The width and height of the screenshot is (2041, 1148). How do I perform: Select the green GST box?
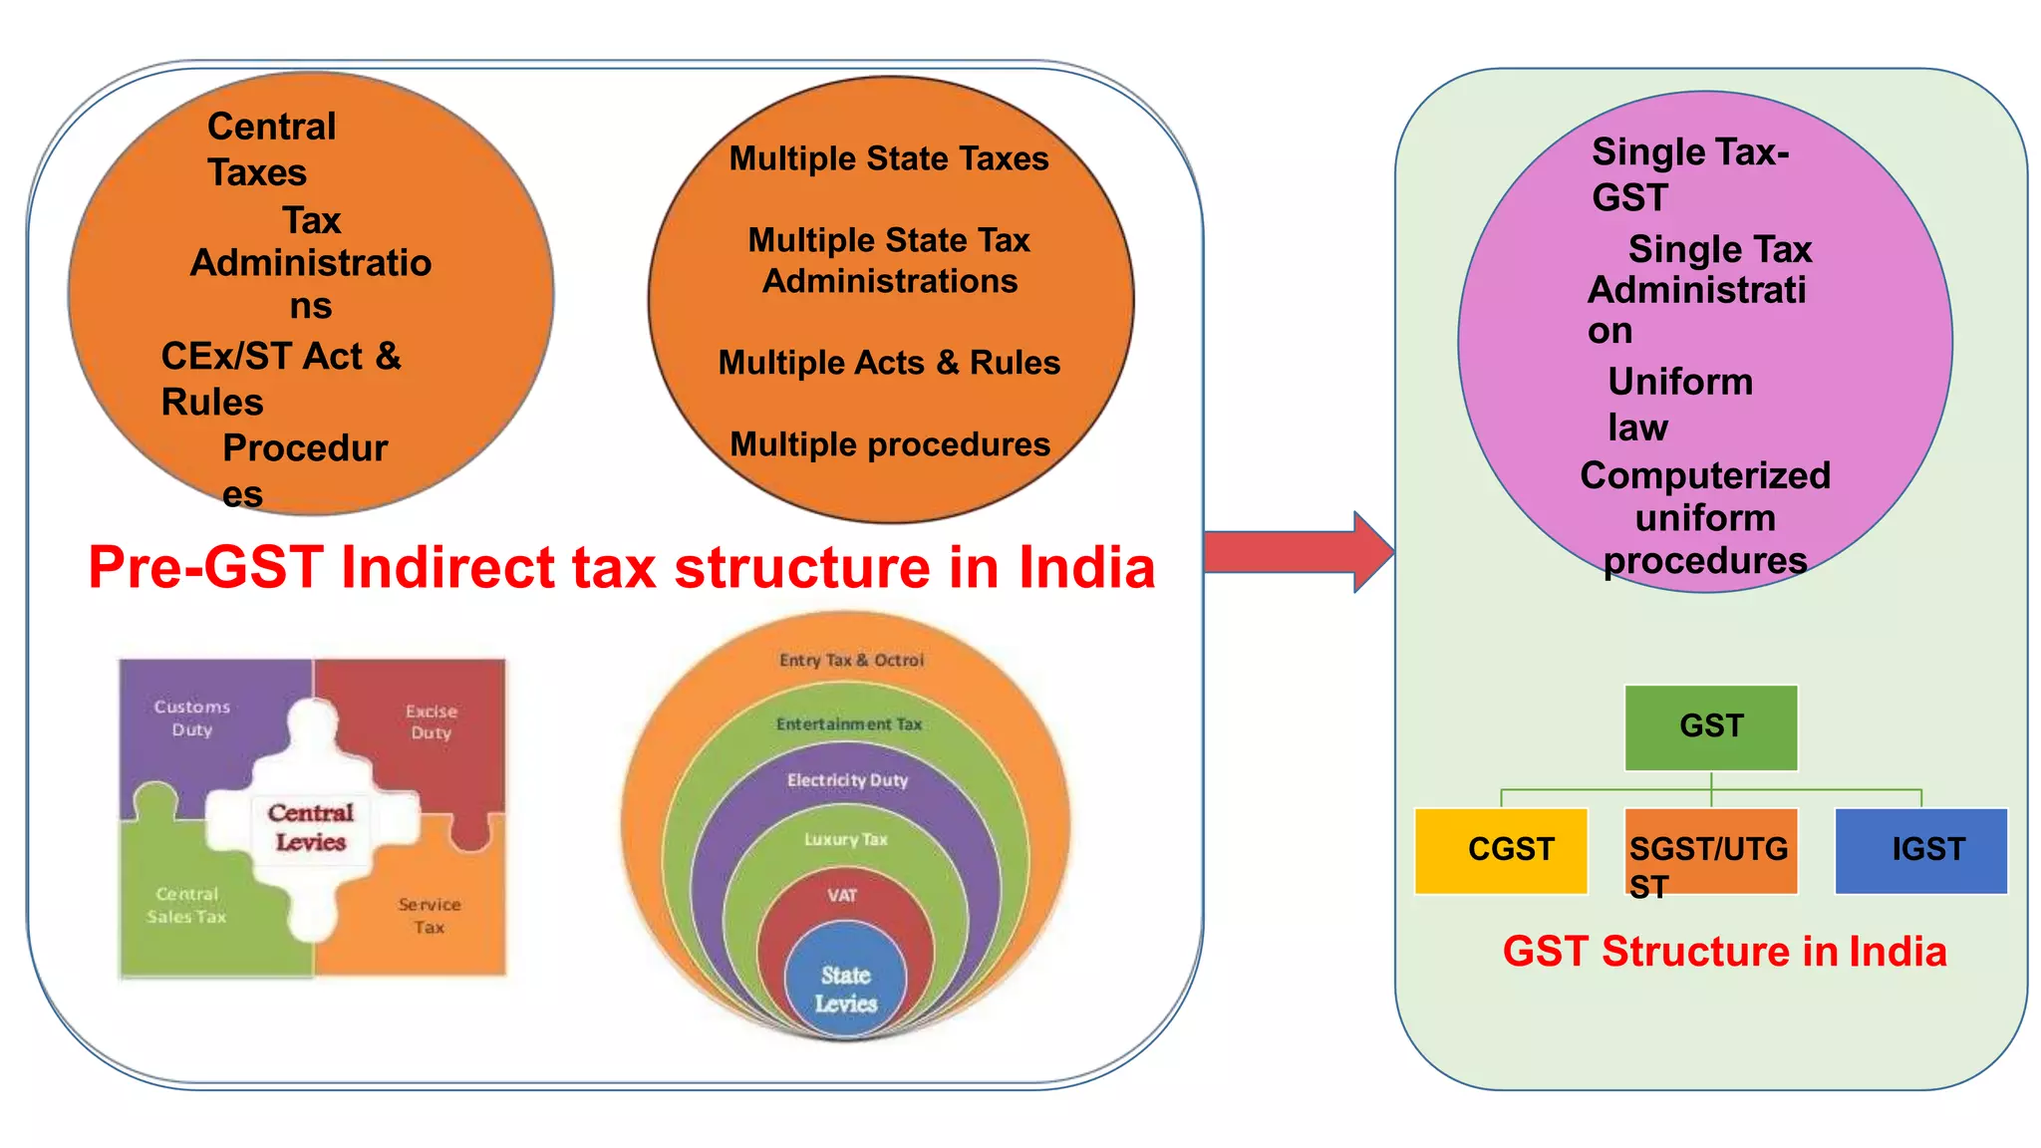click(1710, 726)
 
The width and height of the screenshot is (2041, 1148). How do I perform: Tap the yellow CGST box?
click(1501, 850)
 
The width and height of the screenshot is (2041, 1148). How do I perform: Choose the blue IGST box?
click(1920, 850)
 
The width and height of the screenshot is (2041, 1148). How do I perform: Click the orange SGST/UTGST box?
click(1710, 850)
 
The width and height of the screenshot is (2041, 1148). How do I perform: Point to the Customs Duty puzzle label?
click(191, 717)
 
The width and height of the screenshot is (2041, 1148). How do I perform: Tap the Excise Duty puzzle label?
click(432, 721)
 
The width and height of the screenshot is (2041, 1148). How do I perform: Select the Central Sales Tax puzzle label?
click(186, 905)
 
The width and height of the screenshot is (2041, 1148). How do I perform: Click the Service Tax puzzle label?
click(430, 915)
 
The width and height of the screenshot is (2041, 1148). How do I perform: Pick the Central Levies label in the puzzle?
click(311, 827)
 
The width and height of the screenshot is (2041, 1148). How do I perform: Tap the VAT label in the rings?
click(842, 895)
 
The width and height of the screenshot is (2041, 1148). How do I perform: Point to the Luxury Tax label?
click(845, 839)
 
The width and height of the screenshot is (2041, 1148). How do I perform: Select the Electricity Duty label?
click(847, 780)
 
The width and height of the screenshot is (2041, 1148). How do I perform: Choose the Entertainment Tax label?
click(849, 724)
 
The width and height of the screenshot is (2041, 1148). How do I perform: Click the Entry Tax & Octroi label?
click(851, 660)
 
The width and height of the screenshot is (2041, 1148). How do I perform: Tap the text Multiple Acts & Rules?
click(889, 363)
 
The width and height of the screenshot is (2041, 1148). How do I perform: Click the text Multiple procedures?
click(890, 444)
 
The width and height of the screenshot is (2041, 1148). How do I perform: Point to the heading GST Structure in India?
click(1724, 952)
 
